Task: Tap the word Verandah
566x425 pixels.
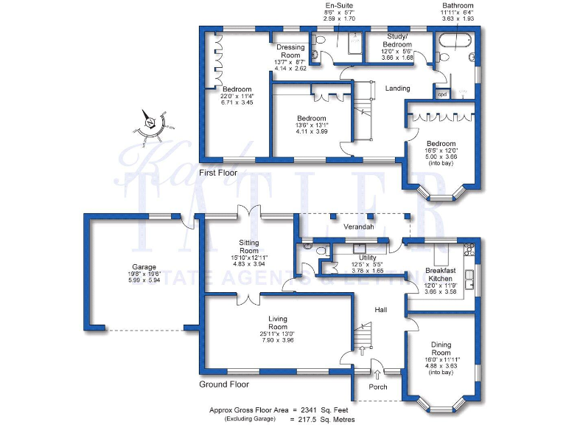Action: (360, 227)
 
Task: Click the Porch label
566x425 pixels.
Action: (377, 387)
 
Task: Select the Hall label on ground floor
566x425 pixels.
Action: (380, 309)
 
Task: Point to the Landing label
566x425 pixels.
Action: (397, 89)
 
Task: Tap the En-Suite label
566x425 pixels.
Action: (338, 5)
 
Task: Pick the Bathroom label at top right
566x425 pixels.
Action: (458, 5)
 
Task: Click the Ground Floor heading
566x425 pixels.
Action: (224, 384)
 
